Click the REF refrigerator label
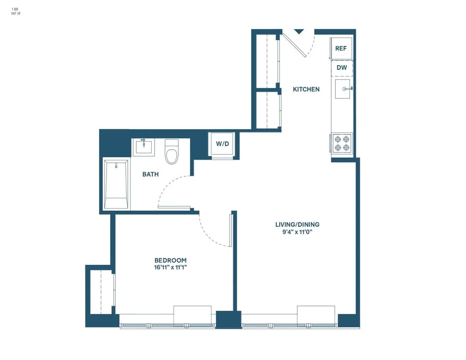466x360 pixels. [341, 48]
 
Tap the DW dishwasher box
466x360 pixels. [342, 68]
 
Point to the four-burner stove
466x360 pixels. [341, 143]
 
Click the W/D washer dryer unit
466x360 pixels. [221, 144]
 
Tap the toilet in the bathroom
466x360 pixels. [171, 152]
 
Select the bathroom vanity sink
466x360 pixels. [143, 147]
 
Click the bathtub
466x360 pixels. [116, 185]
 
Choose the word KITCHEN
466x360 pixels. [306, 89]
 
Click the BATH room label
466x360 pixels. [150, 174]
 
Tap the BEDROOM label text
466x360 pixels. [171, 260]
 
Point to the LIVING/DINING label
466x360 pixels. [297, 224]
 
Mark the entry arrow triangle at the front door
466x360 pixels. [299, 31]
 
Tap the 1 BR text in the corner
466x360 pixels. [15, 9]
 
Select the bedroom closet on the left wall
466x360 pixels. [101, 291]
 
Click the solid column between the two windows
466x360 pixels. [228, 319]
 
